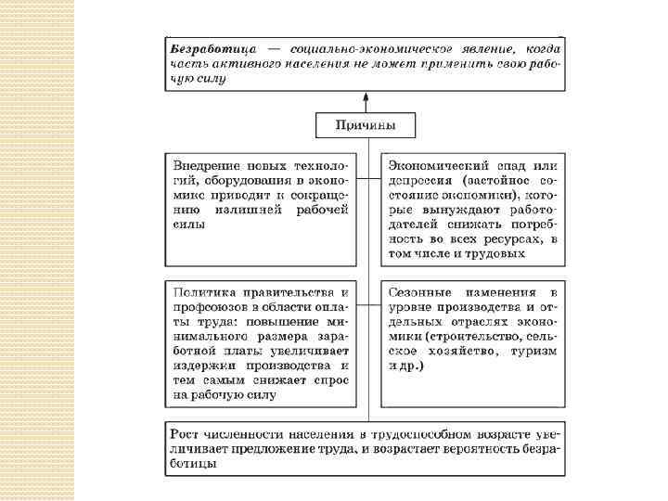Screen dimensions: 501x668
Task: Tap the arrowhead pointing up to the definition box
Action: (x=366, y=96)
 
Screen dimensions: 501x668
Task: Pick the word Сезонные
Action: (x=423, y=291)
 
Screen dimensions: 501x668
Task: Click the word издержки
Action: (x=200, y=366)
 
